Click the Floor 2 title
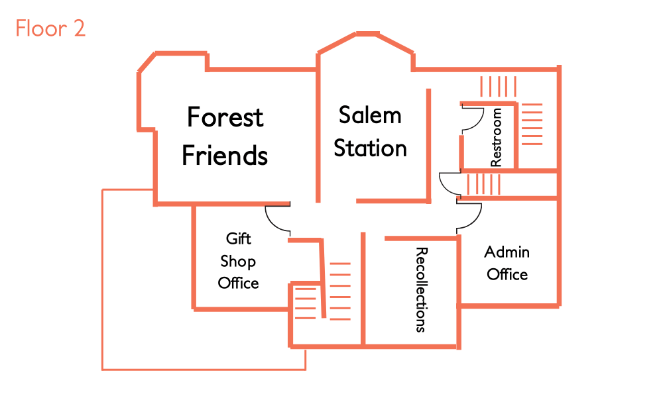point(50,29)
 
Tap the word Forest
point(225,117)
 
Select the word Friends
point(225,156)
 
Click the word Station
point(370,148)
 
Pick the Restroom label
point(496,138)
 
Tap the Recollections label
point(420,289)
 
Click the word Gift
point(239,238)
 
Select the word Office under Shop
point(239,283)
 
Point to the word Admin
point(507,252)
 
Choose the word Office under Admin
point(507,274)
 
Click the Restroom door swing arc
point(473,119)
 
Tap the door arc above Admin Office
point(469,216)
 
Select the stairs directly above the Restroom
point(498,87)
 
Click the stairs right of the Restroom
point(531,124)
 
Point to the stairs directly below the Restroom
point(484,183)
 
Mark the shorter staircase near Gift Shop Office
point(306,303)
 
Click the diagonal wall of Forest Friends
point(147,63)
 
